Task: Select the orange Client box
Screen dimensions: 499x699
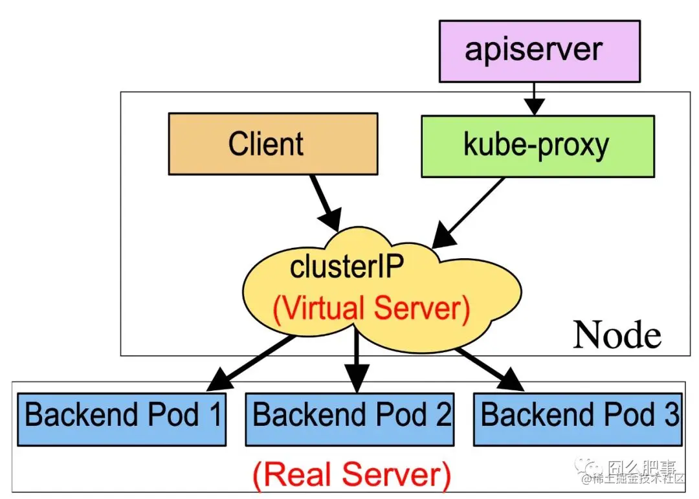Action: tap(272, 144)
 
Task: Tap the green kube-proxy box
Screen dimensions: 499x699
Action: tap(537, 146)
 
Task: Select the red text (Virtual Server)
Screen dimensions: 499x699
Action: tap(371, 309)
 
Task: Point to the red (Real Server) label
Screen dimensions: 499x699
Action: tap(351, 474)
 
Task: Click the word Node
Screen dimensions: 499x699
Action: tap(617, 335)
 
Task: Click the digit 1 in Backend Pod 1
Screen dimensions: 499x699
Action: tap(214, 414)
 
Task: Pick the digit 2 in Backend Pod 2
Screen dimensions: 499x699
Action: tap(443, 414)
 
